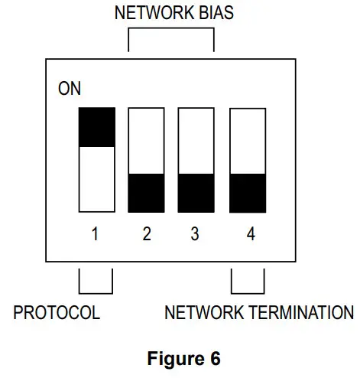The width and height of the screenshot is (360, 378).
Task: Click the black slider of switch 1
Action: click(x=97, y=127)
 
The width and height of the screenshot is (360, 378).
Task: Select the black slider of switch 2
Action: click(x=147, y=194)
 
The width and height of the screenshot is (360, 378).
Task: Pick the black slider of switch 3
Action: click(x=196, y=194)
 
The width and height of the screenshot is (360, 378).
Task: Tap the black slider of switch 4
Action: click(x=248, y=194)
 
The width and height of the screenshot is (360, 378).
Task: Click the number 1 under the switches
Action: click(x=96, y=234)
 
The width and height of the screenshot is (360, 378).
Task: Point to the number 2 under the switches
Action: click(x=147, y=234)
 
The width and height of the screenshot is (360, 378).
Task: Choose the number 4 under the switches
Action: click(x=249, y=234)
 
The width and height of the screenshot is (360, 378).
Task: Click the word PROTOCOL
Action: click(x=57, y=313)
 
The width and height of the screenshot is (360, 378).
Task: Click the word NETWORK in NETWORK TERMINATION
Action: click(x=204, y=313)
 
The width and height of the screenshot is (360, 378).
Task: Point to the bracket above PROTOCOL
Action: click(x=96, y=283)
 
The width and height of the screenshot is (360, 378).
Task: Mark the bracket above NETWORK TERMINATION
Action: click(x=248, y=283)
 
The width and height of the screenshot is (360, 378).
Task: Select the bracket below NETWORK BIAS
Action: click(x=170, y=38)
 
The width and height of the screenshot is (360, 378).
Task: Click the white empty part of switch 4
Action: click(x=248, y=141)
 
